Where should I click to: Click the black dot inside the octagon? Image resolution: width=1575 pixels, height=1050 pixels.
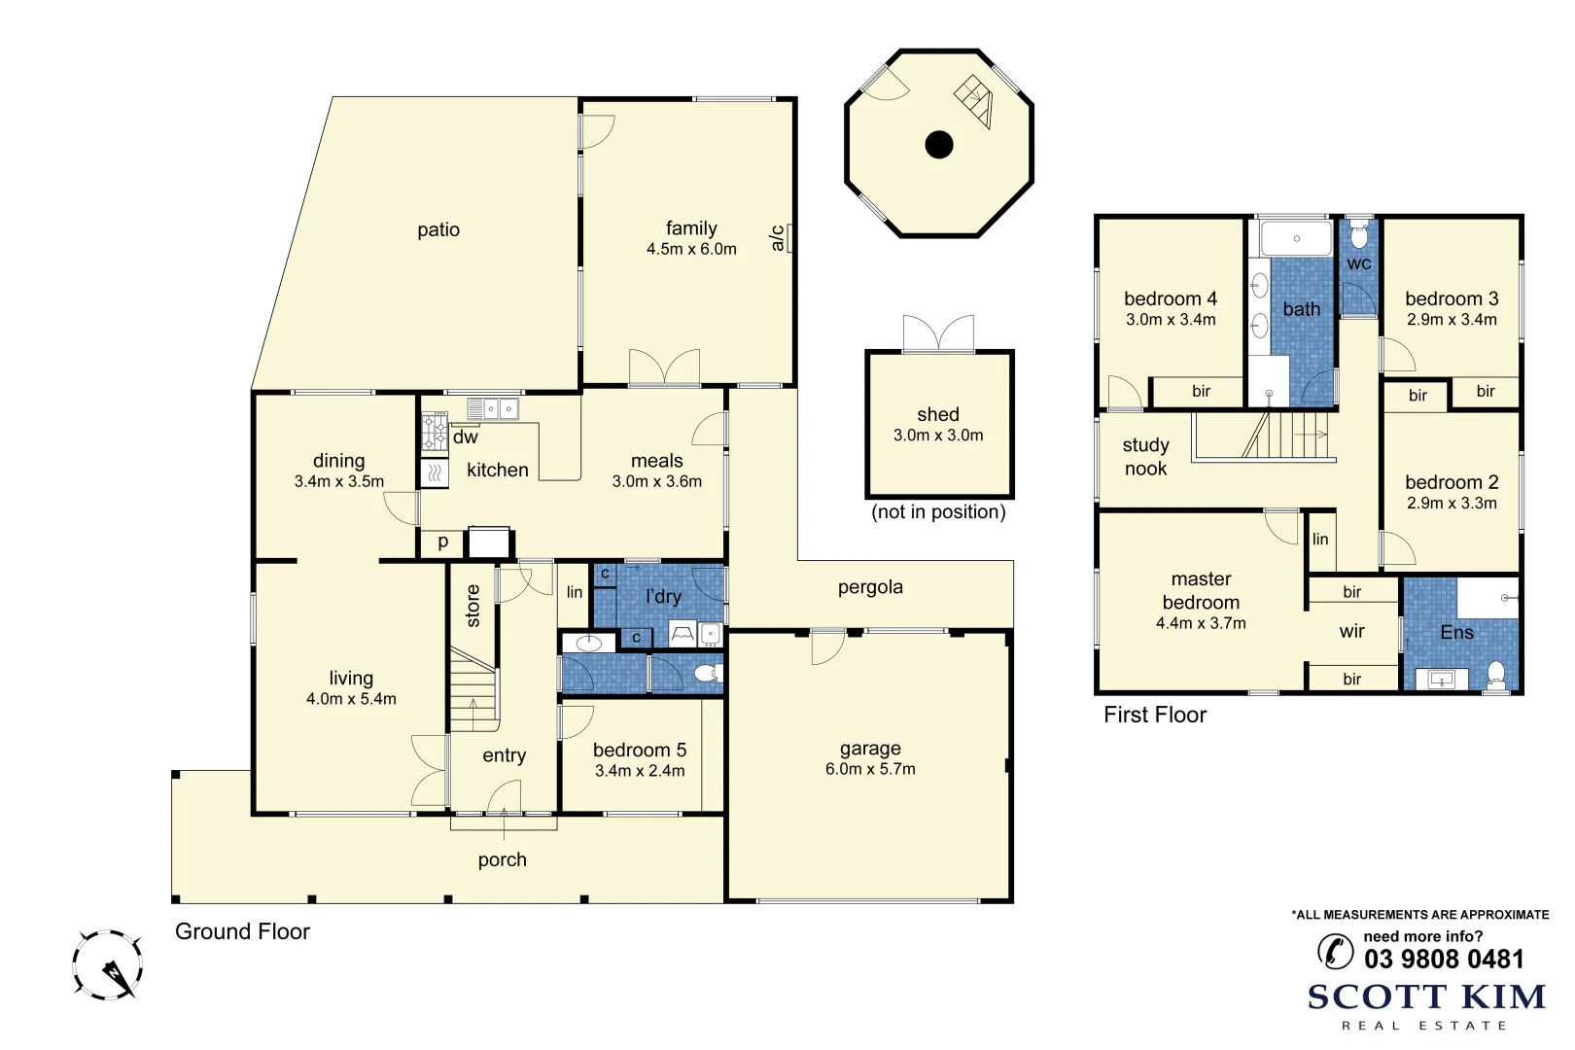pos(938,145)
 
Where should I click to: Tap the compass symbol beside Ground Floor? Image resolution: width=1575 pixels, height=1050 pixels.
pos(107,964)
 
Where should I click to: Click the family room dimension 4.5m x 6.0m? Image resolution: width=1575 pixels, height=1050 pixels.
pos(691,249)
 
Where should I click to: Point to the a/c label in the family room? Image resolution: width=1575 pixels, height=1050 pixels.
pos(778,238)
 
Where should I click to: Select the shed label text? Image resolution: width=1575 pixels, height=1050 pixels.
pos(937,414)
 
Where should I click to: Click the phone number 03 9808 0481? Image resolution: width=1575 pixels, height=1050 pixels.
pos(1444,959)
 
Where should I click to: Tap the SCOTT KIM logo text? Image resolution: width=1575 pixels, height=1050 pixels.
pos(1426,997)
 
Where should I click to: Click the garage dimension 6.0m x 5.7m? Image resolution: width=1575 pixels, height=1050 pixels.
pos(870,769)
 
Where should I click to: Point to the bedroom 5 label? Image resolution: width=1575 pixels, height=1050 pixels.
pos(639,750)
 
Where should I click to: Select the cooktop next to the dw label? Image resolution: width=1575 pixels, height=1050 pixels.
pos(434,431)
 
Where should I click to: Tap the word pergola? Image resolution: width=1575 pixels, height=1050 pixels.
pos(870,587)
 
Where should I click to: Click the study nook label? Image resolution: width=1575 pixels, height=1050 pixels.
pos(1145,456)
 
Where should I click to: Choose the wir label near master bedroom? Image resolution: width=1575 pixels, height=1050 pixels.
pos(1351,631)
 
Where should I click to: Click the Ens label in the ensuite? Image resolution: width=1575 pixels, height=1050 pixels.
pos(1456,632)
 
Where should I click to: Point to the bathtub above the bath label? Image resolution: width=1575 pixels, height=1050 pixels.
pos(1296,238)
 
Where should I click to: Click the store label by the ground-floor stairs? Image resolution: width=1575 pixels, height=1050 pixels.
pos(472,606)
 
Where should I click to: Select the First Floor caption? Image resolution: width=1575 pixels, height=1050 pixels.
pos(1154,715)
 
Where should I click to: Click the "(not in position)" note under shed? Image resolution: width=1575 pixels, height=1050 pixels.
pos(938,512)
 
